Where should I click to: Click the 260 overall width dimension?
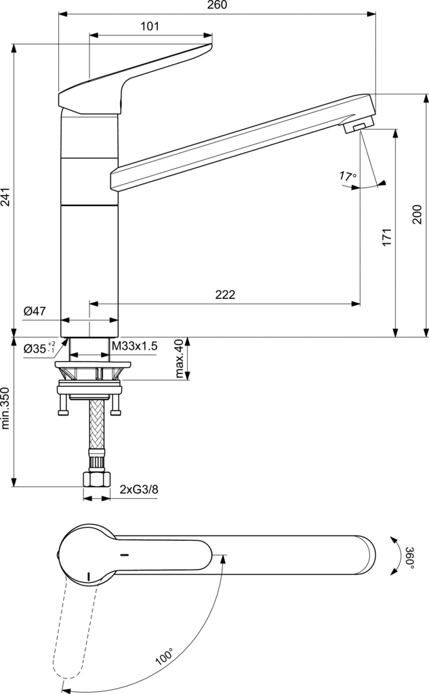(217, 5)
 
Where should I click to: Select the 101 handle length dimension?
(150, 26)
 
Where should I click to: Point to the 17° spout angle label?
(348, 177)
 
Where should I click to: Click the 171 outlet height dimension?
(386, 237)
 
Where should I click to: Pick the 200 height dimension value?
(417, 215)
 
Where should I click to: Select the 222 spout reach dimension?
(225, 294)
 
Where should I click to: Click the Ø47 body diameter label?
(35, 311)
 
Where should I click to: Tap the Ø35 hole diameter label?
(40, 348)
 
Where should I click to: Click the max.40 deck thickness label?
(179, 360)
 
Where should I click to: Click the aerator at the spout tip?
(357, 126)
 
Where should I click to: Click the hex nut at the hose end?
(96, 479)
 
